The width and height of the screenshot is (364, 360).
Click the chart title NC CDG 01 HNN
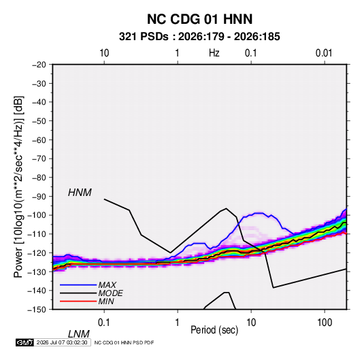tap(199, 19)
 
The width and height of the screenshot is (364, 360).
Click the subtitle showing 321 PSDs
tap(199, 37)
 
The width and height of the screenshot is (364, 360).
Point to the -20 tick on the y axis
tap(39, 65)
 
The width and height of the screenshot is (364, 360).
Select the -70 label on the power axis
tap(39, 159)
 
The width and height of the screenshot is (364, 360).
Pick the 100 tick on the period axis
tap(325, 323)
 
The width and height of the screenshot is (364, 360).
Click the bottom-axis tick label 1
tap(178, 323)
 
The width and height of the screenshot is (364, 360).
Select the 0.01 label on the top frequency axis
tap(324, 53)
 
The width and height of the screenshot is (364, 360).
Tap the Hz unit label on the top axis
tap(214, 53)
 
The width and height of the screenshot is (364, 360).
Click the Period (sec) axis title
tap(214, 330)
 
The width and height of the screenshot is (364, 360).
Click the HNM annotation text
tap(80, 193)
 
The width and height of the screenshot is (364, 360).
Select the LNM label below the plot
tap(79, 334)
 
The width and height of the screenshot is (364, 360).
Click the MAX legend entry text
tap(107, 285)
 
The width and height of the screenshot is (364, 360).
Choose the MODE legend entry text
tap(110, 293)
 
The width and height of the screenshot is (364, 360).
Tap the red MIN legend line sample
tap(78, 301)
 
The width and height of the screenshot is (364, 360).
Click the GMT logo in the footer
tap(25, 342)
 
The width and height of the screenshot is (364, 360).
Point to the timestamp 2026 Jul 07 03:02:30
tap(62, 342)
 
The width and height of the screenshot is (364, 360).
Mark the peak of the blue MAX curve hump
tap(259, 213)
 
